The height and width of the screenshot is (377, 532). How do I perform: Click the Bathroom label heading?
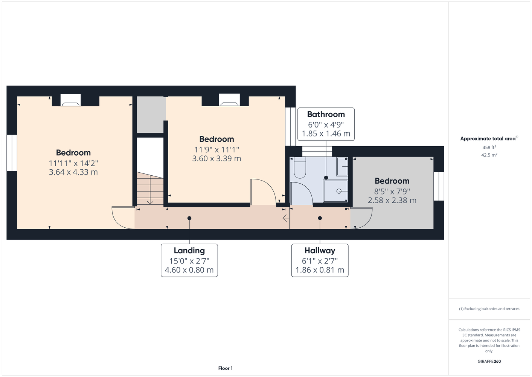click(326, 114)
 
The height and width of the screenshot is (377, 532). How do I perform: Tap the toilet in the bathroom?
click(300, 167)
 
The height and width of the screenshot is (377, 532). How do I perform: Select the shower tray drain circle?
click(339, 191)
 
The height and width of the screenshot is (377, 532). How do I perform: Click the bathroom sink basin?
click(342, 167)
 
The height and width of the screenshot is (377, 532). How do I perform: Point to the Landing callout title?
click(189, 251)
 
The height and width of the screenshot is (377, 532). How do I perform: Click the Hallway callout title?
click(320, 251)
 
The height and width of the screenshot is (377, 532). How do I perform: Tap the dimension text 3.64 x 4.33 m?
click(73, 172)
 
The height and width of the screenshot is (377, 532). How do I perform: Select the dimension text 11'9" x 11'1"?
click(216, 150)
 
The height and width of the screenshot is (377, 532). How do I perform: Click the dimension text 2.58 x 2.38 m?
click(392, 200)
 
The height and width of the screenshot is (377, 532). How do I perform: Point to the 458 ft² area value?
click(489, 147)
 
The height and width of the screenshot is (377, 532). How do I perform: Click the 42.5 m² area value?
click(489, 155)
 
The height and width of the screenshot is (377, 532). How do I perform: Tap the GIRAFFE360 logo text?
click(489, 361)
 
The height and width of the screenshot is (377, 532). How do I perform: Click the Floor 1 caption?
click(226, 368)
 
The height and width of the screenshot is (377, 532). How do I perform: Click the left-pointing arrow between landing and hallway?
click(286, 218)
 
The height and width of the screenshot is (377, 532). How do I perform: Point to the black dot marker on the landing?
click(189, 218)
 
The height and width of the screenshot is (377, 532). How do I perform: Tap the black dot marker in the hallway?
click(320, 218)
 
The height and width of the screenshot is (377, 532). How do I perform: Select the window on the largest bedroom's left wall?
click(12, 153)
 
